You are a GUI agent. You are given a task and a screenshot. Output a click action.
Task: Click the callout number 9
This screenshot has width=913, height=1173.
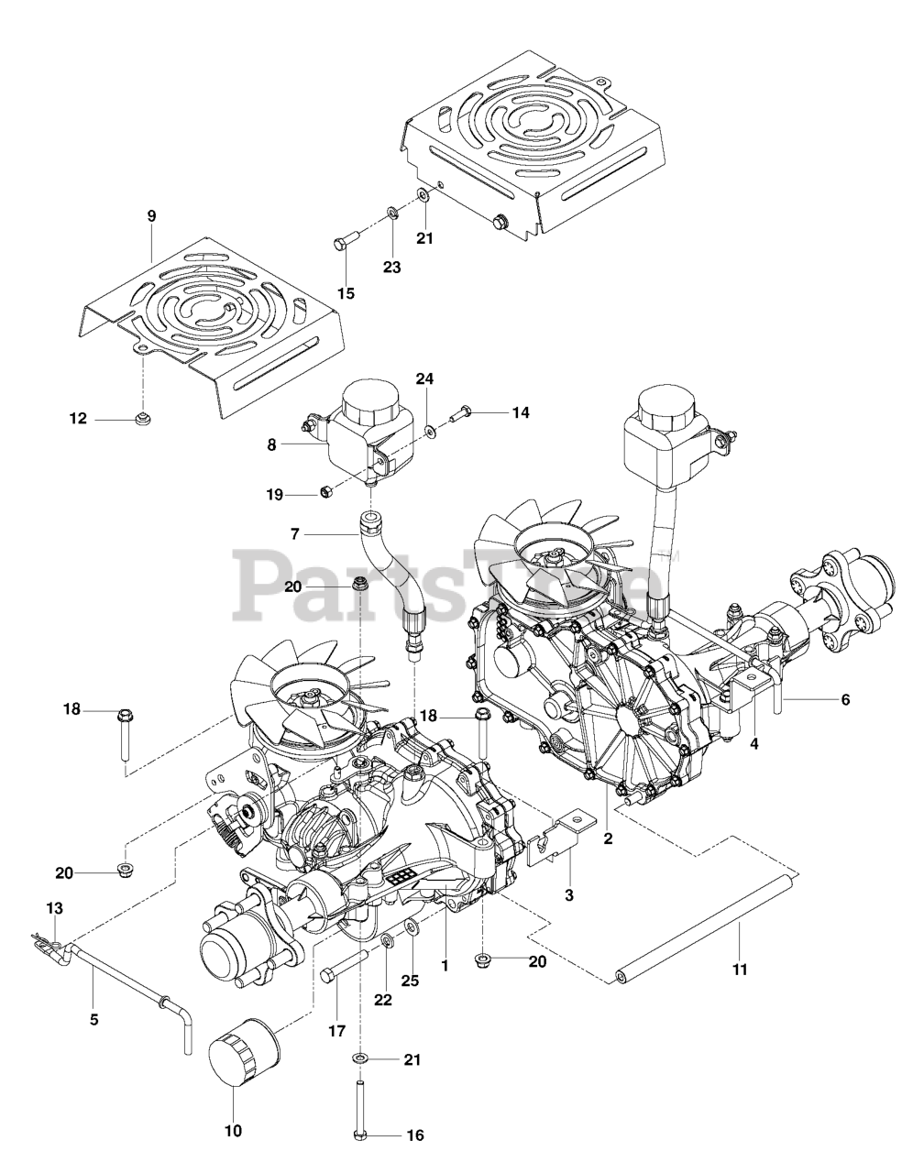151,216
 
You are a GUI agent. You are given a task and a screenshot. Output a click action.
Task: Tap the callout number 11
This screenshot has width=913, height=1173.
740,968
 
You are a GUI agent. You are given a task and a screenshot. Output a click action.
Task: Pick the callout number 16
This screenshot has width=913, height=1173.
414,1135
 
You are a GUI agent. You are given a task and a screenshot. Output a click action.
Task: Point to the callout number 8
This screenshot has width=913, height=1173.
271,444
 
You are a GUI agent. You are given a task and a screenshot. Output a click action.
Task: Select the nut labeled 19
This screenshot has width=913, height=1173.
324,494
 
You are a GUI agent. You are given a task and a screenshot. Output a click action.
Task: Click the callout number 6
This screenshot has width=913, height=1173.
845,699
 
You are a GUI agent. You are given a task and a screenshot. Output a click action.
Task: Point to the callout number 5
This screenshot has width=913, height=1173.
93,1017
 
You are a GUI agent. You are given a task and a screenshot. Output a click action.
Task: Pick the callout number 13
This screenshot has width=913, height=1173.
55,907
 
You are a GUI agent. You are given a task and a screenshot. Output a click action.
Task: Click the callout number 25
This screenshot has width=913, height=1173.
410,981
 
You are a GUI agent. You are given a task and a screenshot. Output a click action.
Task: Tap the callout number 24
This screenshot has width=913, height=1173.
425,378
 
